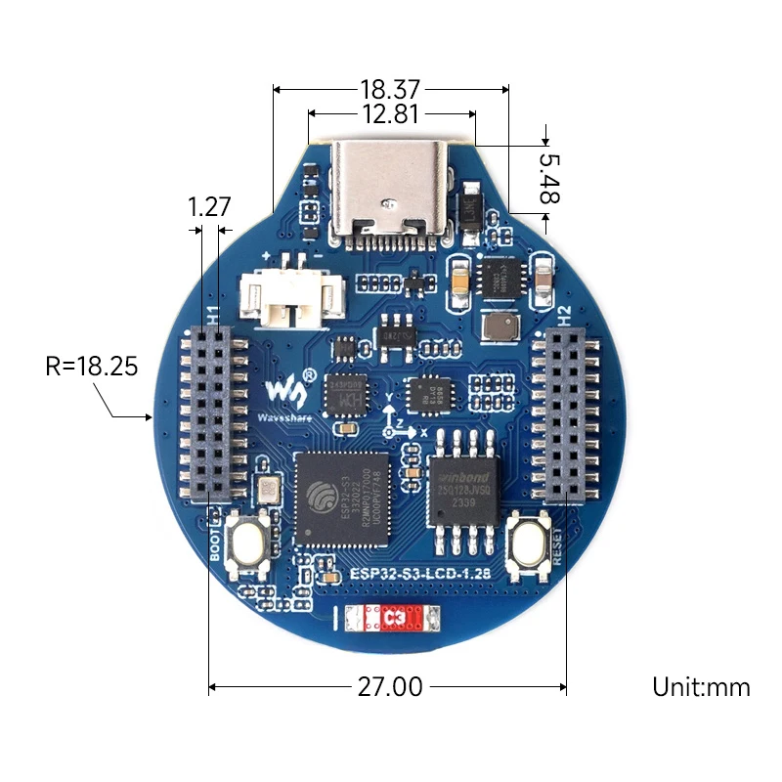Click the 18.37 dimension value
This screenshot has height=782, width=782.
[390, 89]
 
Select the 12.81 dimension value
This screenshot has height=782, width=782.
[390, 114]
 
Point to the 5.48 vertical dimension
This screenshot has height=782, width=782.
[550, 178]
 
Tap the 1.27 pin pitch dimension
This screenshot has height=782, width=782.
[209, 207]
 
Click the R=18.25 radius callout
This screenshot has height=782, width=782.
[92, 368]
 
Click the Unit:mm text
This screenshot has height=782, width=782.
[701, 687]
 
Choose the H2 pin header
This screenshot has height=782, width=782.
[563, 415]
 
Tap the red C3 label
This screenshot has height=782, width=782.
[396, 618]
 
